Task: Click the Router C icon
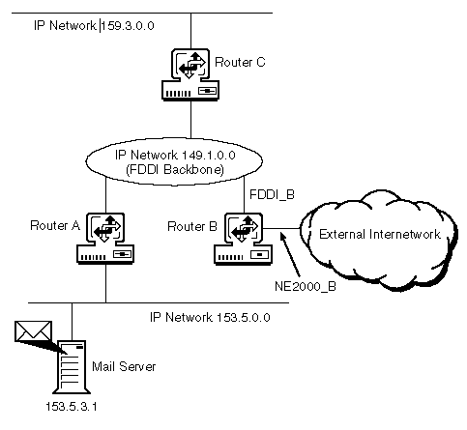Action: (190, 74)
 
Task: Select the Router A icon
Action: (105, 239)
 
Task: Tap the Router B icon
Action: (244, 239)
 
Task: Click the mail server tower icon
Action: (72, 367)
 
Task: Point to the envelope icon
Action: (33, 331)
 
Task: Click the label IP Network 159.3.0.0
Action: (94, 25)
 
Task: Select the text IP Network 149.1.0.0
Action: (175, 156)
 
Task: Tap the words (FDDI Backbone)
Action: (175, 169)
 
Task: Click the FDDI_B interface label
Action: (272, 195)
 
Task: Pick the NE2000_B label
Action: (306, 286)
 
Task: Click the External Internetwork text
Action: (380, 234)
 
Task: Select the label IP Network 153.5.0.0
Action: (210, 318)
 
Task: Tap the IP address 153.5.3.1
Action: (72, 407)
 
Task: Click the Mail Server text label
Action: (124, 366)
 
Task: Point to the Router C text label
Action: (240, 62)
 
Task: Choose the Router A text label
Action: (55, 225)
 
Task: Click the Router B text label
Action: (192, 226)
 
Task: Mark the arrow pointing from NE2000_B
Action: (290, 254)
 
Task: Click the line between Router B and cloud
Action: (282, 229)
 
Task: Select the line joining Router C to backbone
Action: (190, 120)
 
